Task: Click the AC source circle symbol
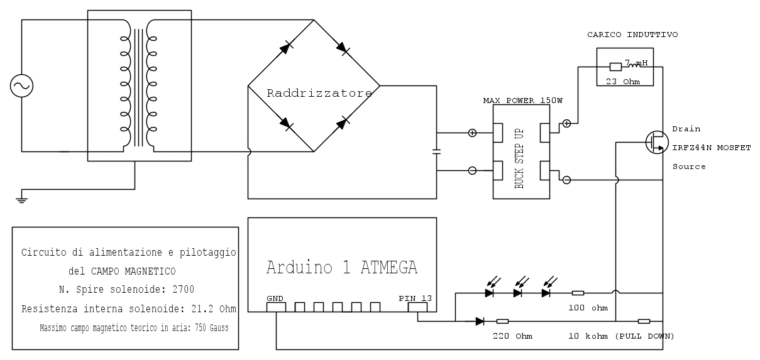[22, 86]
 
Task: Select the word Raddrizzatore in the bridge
[319, 94]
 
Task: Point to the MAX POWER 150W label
[521, 101]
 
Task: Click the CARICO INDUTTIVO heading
[632, 35]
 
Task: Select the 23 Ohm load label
[622, 80]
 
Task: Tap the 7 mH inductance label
[635, 63]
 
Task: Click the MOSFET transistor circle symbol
[657, 143]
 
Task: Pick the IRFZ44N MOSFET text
[711, 147]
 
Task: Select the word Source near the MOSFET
[689, 166]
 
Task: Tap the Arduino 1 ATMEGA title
[341, 267]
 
